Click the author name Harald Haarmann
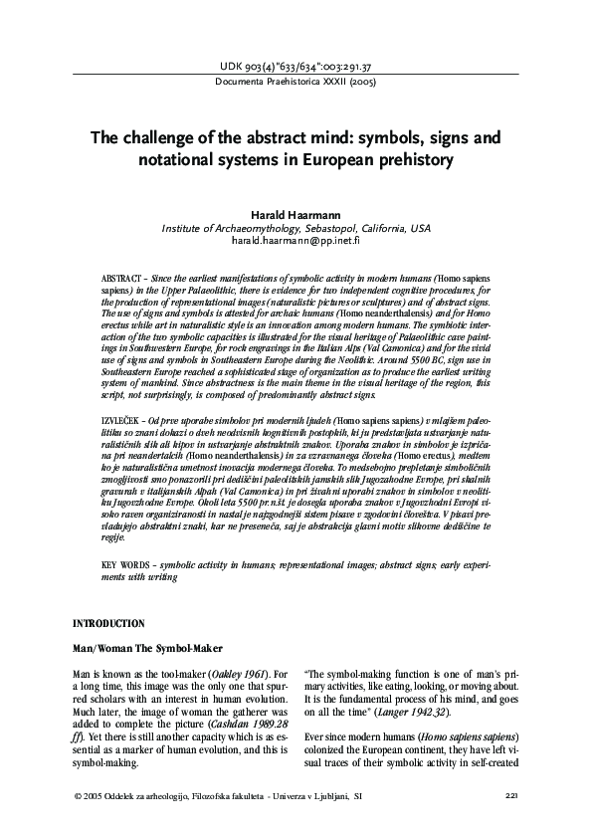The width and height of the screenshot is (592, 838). pyautogui.click(x=296, y=215)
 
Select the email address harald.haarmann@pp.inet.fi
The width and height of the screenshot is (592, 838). pyautogui.click(x=296, y=242)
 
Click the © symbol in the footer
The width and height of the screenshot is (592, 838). pyautogui.click(x=78, y=796)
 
